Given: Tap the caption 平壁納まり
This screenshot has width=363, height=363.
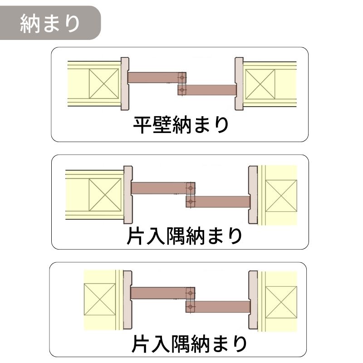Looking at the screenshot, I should click(x=181, y=126).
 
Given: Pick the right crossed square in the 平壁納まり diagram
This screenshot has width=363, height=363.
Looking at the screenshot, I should click(x=260, y=83).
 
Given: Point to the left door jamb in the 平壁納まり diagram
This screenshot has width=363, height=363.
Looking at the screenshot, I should click(x=125, y=83).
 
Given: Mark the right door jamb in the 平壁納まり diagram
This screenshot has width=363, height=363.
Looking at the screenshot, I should click(x=239, y=83).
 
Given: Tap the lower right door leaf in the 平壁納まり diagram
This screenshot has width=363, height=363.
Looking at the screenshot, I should click(x=211, y=90).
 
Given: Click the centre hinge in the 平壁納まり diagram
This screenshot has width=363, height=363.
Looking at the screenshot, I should click(x=182, y=84).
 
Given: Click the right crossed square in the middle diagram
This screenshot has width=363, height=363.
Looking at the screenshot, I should click(x=281, y=196).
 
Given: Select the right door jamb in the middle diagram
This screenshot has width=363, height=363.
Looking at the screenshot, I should click(x=253, y=195).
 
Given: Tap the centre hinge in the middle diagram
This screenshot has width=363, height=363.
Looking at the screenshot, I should click(x=191, y=194).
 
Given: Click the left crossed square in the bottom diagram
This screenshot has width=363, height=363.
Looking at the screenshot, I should click(x=99, y=299).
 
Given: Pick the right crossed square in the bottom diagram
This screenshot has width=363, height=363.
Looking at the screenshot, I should click(x=281, y=302).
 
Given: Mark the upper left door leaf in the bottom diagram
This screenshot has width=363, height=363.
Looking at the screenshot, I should click(x=159, y=293).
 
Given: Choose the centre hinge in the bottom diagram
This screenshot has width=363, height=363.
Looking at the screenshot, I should click(x=191, y=300).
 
